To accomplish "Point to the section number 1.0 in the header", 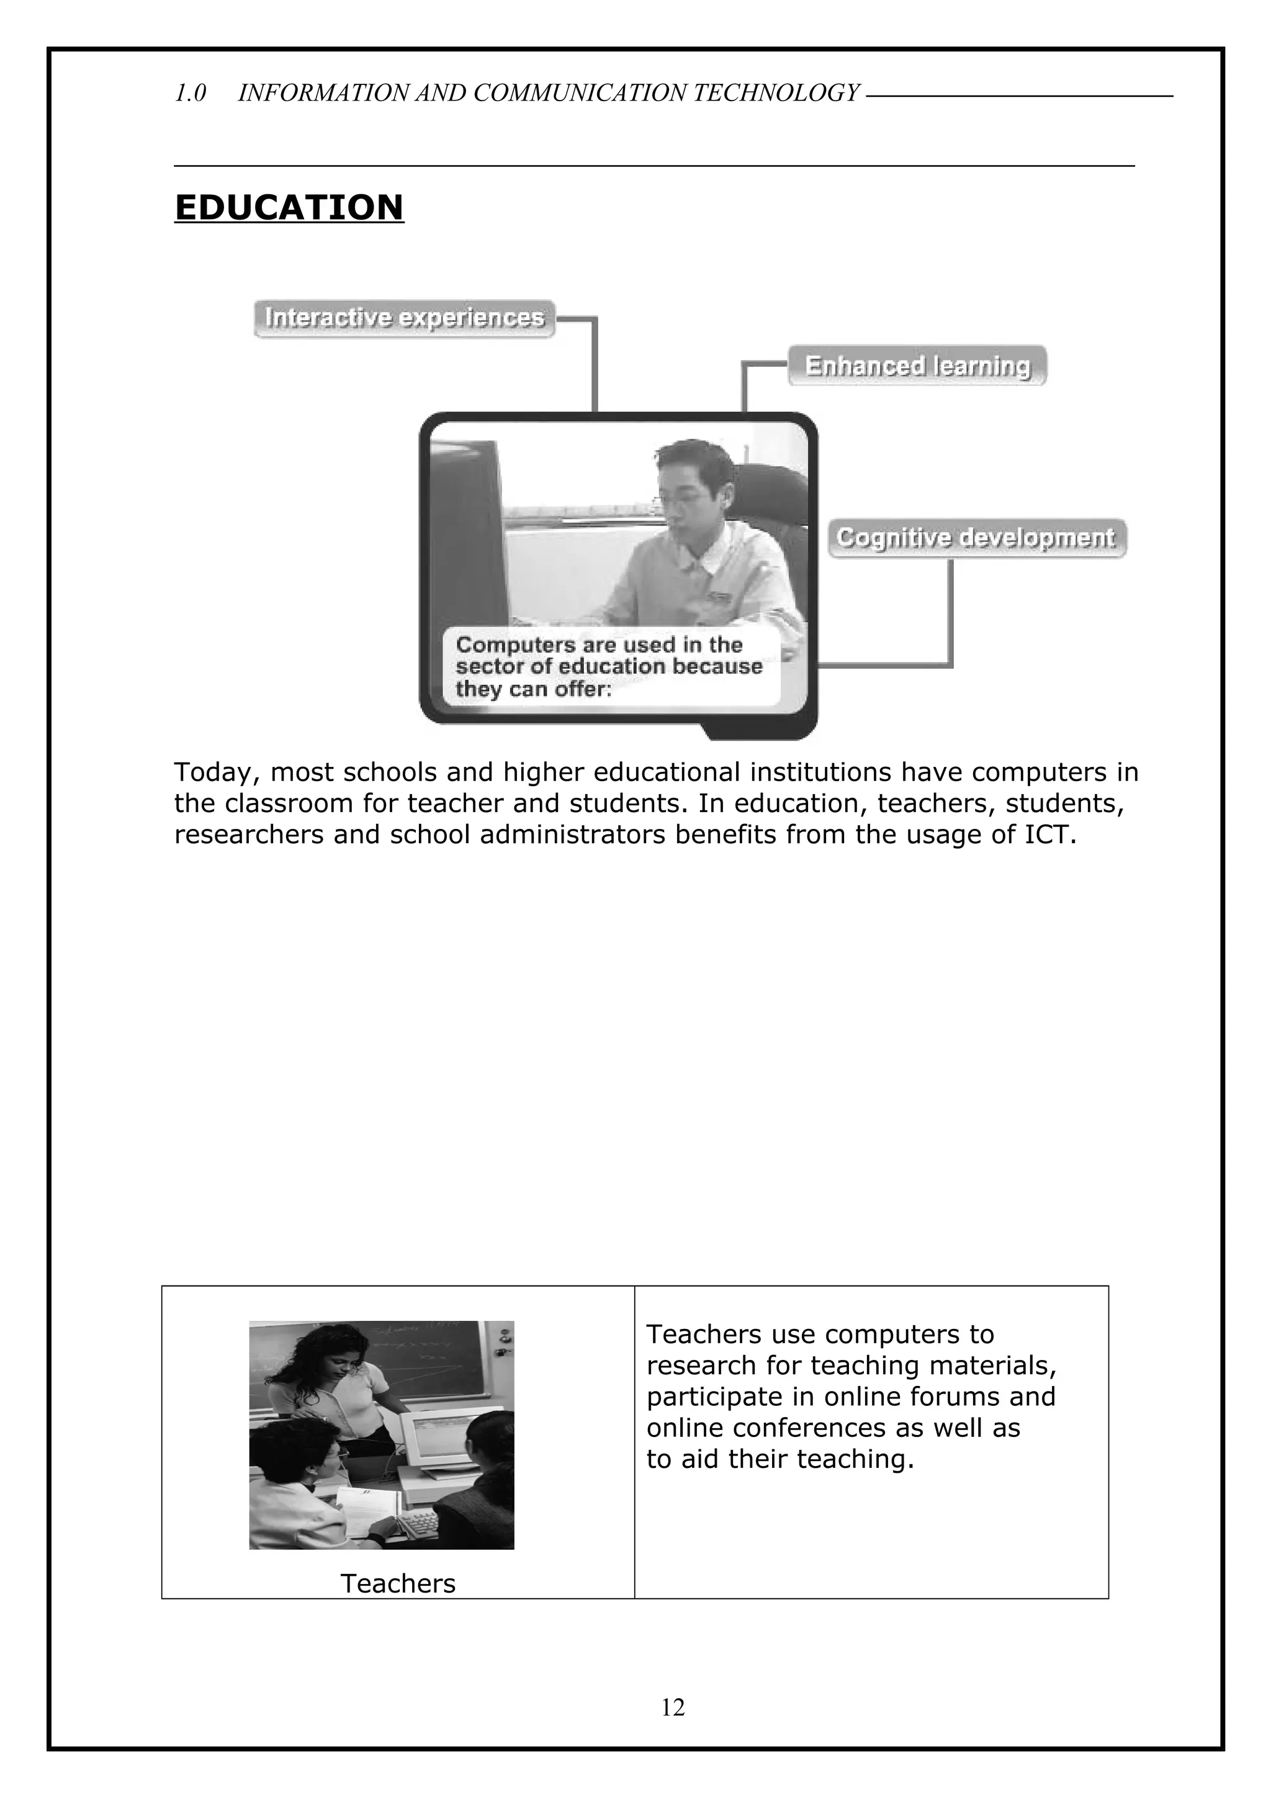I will (191, 93).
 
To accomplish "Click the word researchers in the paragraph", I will (248, 835).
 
